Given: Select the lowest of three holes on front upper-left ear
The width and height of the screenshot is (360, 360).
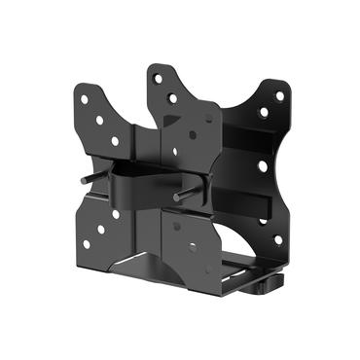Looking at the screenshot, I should click(115, 141).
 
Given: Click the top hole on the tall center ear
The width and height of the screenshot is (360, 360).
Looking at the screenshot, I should click(156, 78).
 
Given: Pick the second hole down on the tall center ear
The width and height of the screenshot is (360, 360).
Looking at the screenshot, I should click(172, 98).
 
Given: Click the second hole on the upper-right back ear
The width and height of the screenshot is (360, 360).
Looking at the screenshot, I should click(263, 113).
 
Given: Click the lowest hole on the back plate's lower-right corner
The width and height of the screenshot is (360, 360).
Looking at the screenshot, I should click(277, 238).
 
